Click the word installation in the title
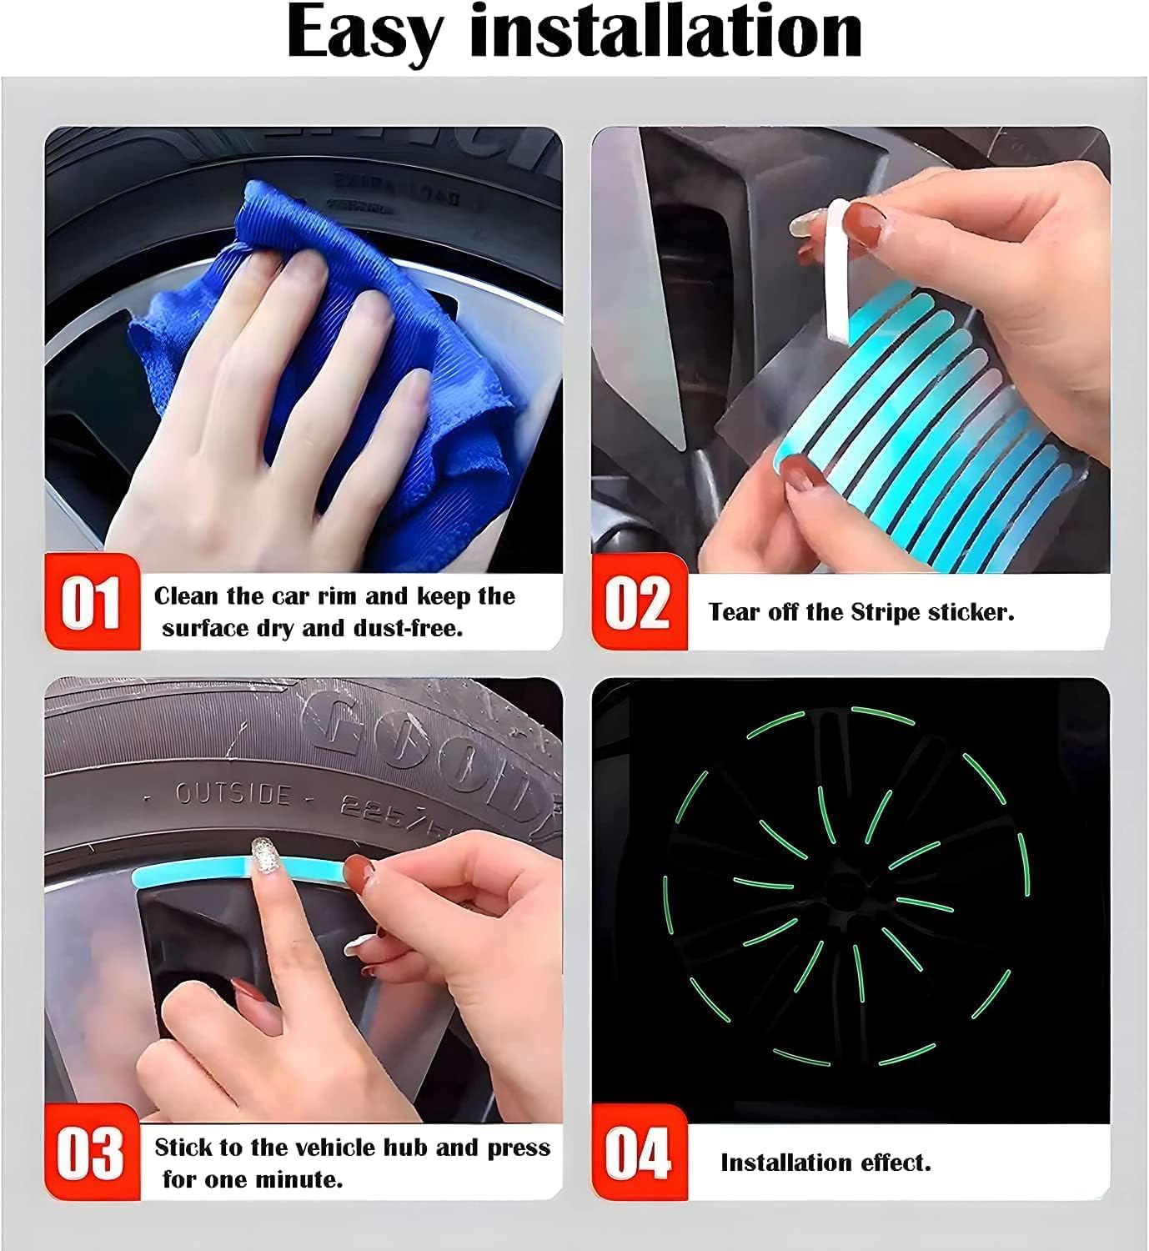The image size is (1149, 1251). [x=666, y=32]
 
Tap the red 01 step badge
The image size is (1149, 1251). [x=91, y=601]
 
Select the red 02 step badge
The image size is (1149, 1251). [x=639, y=601]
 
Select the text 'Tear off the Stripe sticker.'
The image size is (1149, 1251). [x=861, y=612]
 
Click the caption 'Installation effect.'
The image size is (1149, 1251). [x=825, y=1163]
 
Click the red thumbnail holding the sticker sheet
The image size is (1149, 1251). [x=800, y=473]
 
